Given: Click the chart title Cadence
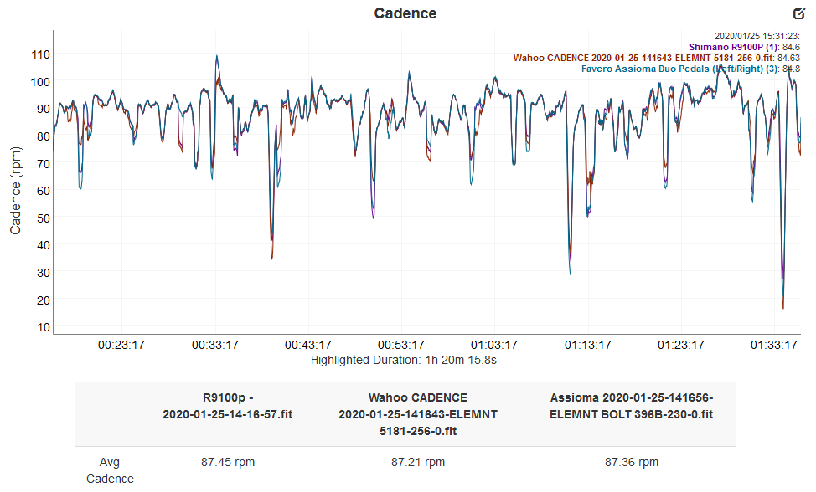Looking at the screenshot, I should [x=405, y=13].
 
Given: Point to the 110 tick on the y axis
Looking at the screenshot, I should [x=40, y=54].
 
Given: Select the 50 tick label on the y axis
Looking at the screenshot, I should [x=40, y=218].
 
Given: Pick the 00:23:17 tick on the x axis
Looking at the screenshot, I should [x=122, y=345].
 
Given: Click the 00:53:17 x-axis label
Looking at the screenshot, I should [x=400, y=345].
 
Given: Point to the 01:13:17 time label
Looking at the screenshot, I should [x=586, y=345].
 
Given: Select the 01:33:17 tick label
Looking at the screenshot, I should [x=772, y=345].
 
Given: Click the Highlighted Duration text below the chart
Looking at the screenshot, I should [x=405, y=361].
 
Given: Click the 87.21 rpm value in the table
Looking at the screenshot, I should [x=418, y=462].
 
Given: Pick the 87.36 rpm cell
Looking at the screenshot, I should [x=632, y=462].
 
